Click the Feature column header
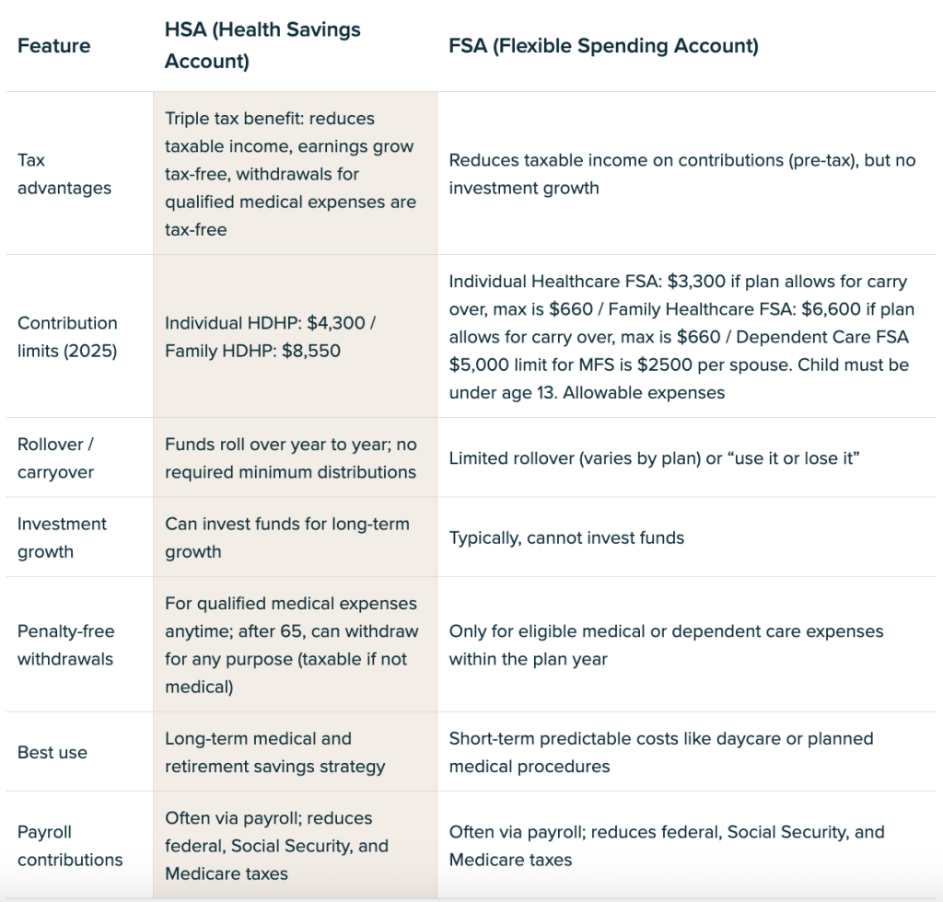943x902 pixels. pos(53,46)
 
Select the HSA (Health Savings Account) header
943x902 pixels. pos(262,45)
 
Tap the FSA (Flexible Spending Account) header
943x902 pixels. pos(603,46)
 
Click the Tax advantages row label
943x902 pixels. pos(64,174)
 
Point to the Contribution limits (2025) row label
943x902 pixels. pos(67,337)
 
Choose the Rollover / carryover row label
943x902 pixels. pos(55,457)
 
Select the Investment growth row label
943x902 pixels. pos(62,538)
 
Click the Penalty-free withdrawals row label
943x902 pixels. pos(65,645)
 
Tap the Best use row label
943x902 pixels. pos(52,752)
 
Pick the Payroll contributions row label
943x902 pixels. pos(70,846)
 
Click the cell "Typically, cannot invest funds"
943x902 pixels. pos(566,538)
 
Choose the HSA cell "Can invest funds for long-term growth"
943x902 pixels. pos(287,538)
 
